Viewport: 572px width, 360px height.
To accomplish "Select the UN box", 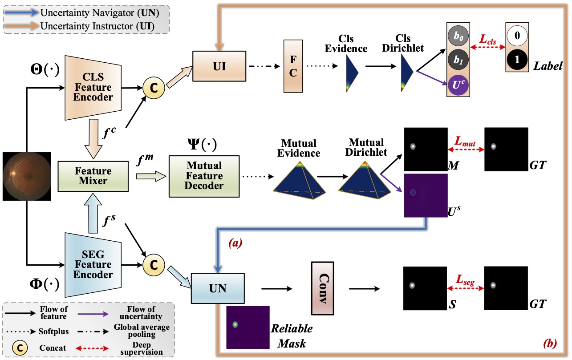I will (218, 289).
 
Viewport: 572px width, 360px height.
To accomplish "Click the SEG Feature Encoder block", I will (93, 264).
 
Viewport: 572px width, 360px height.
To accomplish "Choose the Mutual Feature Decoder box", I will (204, 176).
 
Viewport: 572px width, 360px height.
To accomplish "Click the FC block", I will (293, 66).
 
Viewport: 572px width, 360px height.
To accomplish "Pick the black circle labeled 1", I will (517, 60).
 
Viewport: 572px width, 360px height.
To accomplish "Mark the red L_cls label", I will (488, 39).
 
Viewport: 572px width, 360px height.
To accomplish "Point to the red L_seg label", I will (465, 279).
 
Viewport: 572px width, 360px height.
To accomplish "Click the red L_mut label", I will (465, 141).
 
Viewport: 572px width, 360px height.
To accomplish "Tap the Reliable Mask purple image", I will (247, 327).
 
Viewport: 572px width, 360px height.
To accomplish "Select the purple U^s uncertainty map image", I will (425, 195).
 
